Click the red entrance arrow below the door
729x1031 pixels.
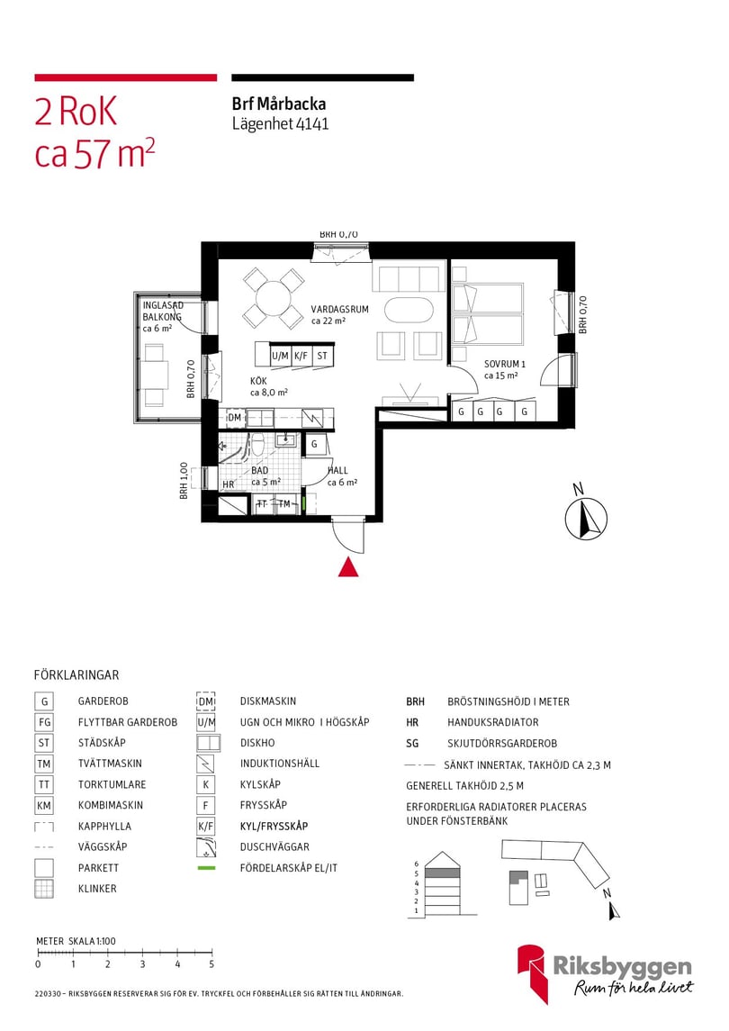348,566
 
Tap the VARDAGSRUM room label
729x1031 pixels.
340,309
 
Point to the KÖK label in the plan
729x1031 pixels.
259,382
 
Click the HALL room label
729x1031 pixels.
337,471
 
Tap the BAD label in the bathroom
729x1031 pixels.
260,471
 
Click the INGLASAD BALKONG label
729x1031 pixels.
163,312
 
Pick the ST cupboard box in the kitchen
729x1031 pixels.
322,356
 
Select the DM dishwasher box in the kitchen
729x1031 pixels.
234,418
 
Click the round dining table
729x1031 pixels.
272,298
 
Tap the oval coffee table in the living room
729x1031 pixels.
409,310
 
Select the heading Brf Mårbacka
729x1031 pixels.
279,104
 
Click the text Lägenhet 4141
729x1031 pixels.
280,124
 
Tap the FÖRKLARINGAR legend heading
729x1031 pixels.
76,674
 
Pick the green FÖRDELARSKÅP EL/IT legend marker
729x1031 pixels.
206,868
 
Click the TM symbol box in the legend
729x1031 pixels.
43,764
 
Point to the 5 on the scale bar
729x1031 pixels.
211,964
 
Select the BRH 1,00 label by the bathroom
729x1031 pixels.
184,481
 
